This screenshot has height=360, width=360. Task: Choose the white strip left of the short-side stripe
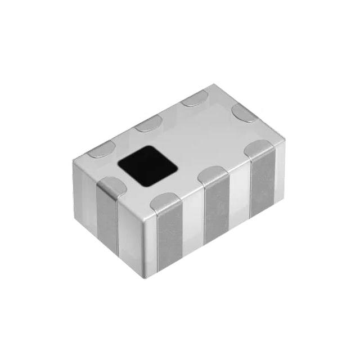[85, 205]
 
